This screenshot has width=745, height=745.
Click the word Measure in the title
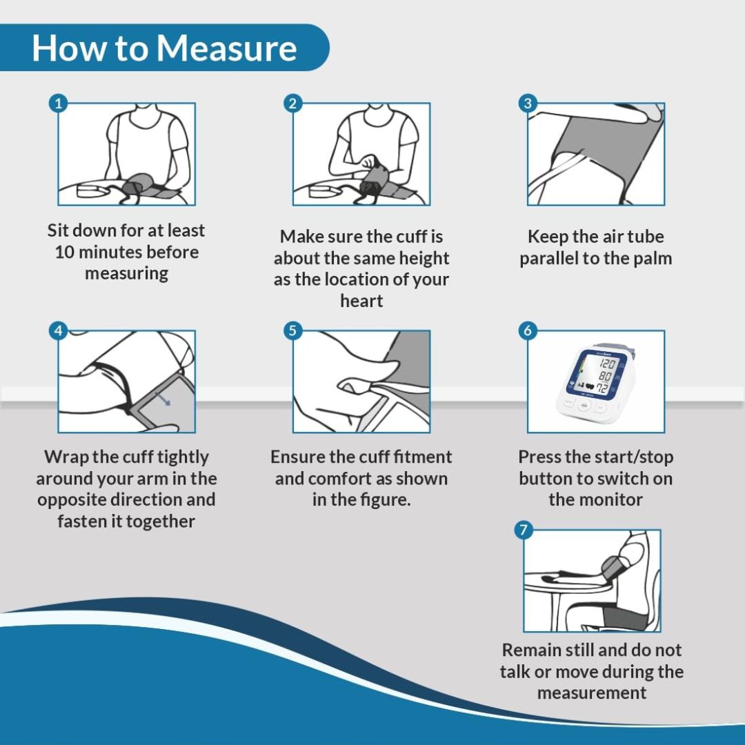coord(227,48)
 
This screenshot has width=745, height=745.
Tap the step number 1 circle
coord(59,103)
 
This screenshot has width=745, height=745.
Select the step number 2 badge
coord(292,103)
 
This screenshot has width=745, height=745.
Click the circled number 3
coord(528,103)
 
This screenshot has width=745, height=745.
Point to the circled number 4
coord(59,330)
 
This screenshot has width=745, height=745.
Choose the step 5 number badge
coord(292,330)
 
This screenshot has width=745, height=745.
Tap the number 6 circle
coord(528,330)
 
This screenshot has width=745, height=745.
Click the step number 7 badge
coord(524,530)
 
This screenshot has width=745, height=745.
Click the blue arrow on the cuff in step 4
coord(163,399)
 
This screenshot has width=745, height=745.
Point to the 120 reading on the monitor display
coord(607,364)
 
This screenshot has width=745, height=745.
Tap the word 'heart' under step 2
coord(361,301)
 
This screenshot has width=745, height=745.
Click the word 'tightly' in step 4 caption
coord(183,457)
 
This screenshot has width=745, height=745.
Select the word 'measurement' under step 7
coord(592,693)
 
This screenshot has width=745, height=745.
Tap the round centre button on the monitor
coord(584,405)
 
